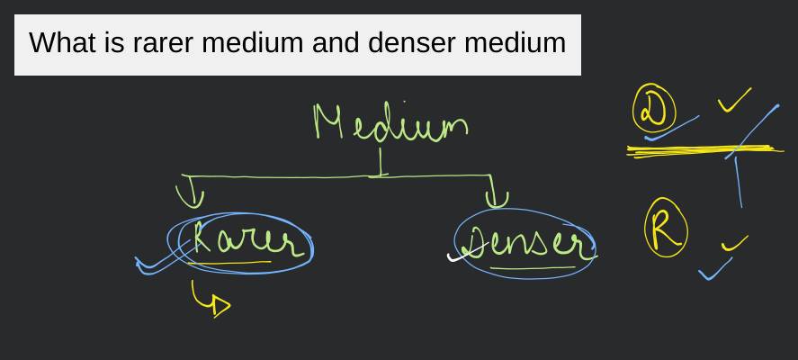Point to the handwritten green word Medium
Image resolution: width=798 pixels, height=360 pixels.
[390, 123]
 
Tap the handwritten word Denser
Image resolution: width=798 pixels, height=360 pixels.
[526, 241]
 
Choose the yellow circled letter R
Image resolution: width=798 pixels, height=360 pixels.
[666, 230]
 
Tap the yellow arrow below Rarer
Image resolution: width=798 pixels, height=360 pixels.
[212, 301]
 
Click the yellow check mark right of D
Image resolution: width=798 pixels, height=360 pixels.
[734, 101]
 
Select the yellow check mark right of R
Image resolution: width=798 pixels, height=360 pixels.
[734, 243]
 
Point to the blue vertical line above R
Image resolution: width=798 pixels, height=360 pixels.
[739, 180]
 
